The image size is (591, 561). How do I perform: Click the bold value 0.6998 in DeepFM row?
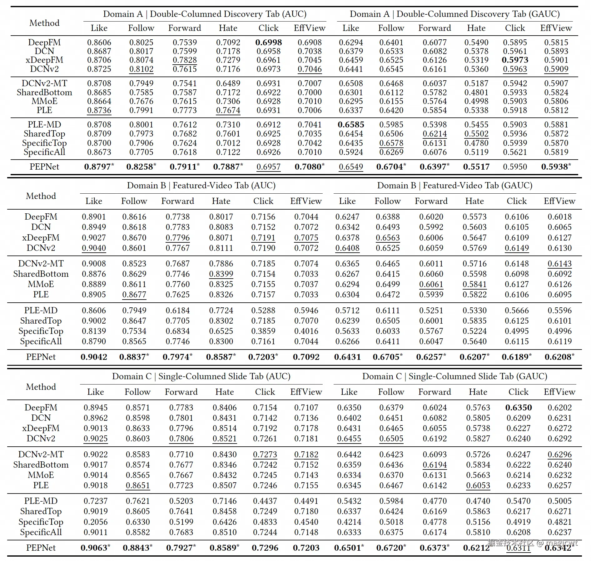point(268,42)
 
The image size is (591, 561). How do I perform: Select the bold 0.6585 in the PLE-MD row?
point(351,125)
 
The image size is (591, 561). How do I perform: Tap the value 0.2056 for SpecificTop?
point(96,522)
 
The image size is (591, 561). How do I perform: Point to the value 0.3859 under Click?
point(263,331)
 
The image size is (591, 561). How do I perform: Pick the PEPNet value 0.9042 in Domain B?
point(94,357)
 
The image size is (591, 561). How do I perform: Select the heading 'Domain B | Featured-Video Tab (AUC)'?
point(201,186)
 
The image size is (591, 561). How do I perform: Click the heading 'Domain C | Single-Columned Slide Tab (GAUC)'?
point(454,376)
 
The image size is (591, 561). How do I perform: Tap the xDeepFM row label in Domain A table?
point(44,60)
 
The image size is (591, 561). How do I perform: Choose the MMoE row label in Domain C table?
point(41,475)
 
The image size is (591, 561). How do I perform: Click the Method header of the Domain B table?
point(41,196)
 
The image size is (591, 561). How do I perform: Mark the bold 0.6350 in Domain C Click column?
point(518,408)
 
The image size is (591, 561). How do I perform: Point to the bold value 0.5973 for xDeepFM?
point(515,60)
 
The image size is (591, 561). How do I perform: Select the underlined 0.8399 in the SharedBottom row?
point(221,274)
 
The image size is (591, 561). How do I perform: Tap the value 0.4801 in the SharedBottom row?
point(476,92)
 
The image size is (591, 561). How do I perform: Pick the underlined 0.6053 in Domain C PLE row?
point(478,485)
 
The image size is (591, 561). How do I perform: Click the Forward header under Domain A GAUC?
point(435,28)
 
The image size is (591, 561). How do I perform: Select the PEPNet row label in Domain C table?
point(41,548)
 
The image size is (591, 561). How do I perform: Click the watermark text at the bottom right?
point(532,543)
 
